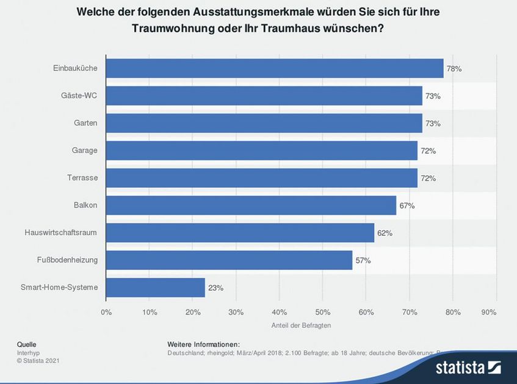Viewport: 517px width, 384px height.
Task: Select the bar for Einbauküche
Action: (x=275, y=68)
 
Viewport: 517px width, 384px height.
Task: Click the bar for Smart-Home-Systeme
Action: (x=155, y=287)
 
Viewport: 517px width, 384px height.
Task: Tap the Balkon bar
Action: (x=251, y=205)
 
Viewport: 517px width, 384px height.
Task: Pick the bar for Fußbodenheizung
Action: (x=229, y=260)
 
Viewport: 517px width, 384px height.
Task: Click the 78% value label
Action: (x=454, y=69)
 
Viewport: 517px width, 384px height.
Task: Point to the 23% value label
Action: (x=215, y=288)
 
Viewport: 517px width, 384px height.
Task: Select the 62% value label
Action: (x=385, y=233)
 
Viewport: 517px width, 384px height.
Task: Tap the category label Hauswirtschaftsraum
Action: (x=61, y=233)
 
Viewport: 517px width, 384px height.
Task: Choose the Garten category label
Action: (x=86, y=123)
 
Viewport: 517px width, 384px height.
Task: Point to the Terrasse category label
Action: (x=83, y=178)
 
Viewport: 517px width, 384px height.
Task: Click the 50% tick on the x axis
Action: (x=322, y=312)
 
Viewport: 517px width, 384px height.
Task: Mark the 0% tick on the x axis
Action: (x=106, y=312)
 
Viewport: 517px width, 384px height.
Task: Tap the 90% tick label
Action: (x=489, y=312)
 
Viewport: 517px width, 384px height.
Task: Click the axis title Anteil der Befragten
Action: (x=301, y=325)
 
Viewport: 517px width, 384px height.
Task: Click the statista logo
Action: (x=468, y=367)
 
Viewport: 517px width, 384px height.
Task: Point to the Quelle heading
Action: (x=27, y=344)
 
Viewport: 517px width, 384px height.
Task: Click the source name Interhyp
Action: (x=29, y=352)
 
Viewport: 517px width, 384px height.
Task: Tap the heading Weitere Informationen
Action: (x=203, y=344)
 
